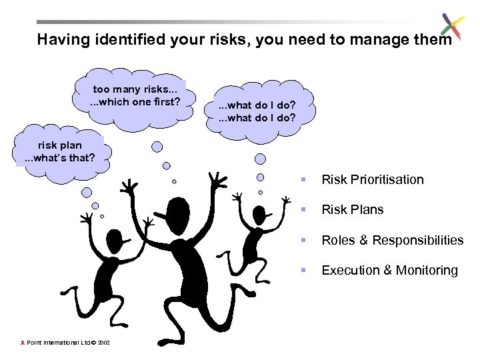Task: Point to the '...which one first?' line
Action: coord(135,102)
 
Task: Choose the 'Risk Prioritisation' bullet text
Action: coord(372,179)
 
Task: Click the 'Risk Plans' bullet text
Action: coord(352,209)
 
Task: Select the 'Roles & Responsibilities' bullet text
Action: coord(392,240)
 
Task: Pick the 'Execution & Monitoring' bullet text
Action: coord(389,270)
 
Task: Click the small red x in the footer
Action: coord(23,343)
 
